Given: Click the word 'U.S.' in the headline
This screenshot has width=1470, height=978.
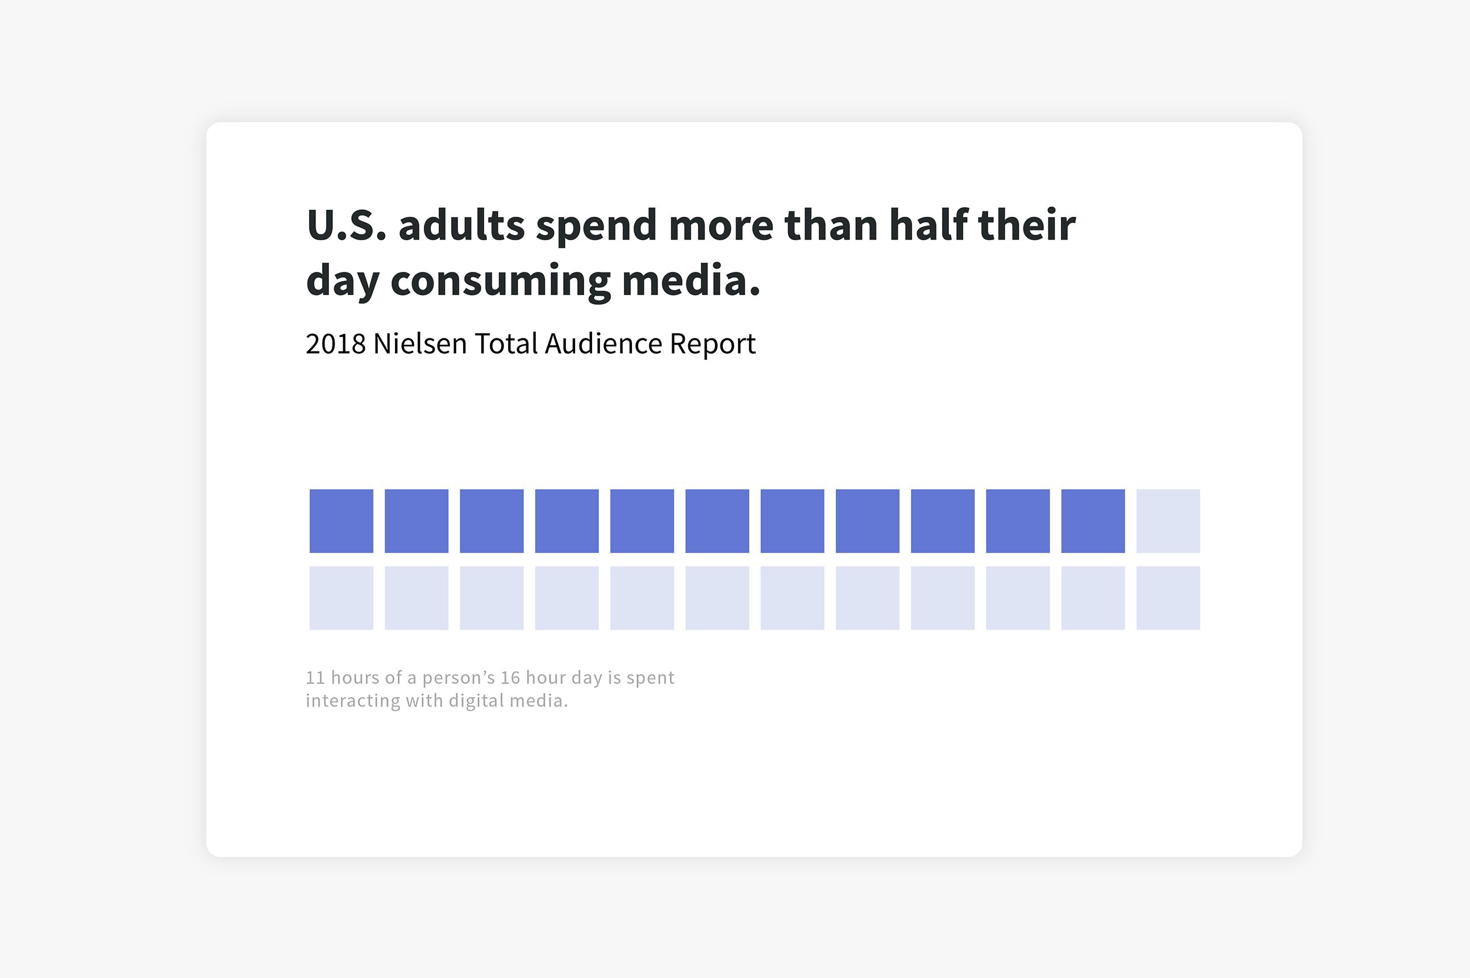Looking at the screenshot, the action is [347, 225].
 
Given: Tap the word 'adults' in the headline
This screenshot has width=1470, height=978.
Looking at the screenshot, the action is [462, 225].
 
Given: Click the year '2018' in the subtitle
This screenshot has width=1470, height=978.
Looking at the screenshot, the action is [335, 343].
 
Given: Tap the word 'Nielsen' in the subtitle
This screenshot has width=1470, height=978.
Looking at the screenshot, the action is [420, 343].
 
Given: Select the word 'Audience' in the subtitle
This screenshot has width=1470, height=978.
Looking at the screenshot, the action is [603, 343].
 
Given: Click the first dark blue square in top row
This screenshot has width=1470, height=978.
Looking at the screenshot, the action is [342, 521].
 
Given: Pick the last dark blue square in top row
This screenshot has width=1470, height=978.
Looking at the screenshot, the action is [1093, 521].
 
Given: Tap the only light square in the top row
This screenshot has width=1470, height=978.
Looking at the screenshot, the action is [1168, 521].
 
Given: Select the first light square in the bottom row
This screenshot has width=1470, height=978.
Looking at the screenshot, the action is [342, 598].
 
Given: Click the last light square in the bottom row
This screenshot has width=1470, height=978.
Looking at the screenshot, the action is [1168, 598].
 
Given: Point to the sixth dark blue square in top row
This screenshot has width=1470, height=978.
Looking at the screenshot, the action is [717, 521].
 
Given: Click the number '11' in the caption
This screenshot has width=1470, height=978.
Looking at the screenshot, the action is [316, 677].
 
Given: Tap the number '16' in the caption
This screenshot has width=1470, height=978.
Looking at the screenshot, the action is [510, 677].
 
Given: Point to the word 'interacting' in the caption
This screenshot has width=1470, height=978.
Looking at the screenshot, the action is [353, 702].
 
